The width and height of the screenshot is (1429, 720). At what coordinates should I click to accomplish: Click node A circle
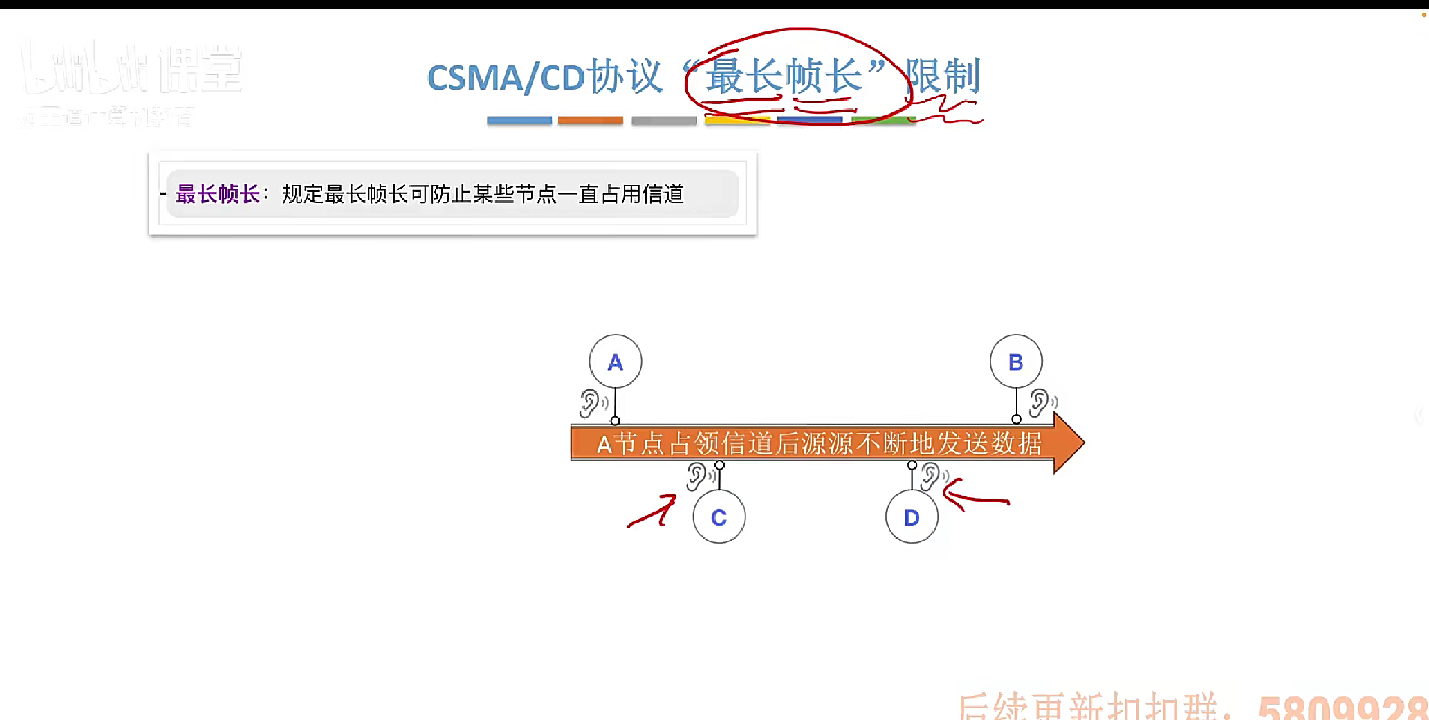[615, 362]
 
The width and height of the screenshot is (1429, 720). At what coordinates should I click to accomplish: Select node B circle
[1016, 362]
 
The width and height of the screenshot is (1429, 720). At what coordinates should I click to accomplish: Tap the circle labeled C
[718, 517]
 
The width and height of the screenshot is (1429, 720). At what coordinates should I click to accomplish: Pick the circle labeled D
[911, 517]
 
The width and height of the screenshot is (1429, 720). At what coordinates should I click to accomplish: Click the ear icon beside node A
[591, 403]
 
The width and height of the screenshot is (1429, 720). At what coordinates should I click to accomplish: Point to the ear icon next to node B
[1041, 402]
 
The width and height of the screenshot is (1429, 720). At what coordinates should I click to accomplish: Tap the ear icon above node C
[698, 476]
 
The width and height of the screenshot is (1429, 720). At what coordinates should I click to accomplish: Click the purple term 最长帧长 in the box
[218, 194]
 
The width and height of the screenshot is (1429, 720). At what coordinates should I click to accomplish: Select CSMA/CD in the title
[506, 78]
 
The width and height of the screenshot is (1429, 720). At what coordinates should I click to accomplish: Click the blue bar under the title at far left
[519, 120]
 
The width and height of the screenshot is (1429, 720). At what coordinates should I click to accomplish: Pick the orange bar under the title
[590, 120]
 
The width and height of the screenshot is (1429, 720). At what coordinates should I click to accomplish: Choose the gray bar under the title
[663, 120]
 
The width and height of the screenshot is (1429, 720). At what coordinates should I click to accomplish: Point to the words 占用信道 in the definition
[642, 194]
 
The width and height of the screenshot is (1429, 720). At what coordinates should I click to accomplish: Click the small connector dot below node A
[615, 421]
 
